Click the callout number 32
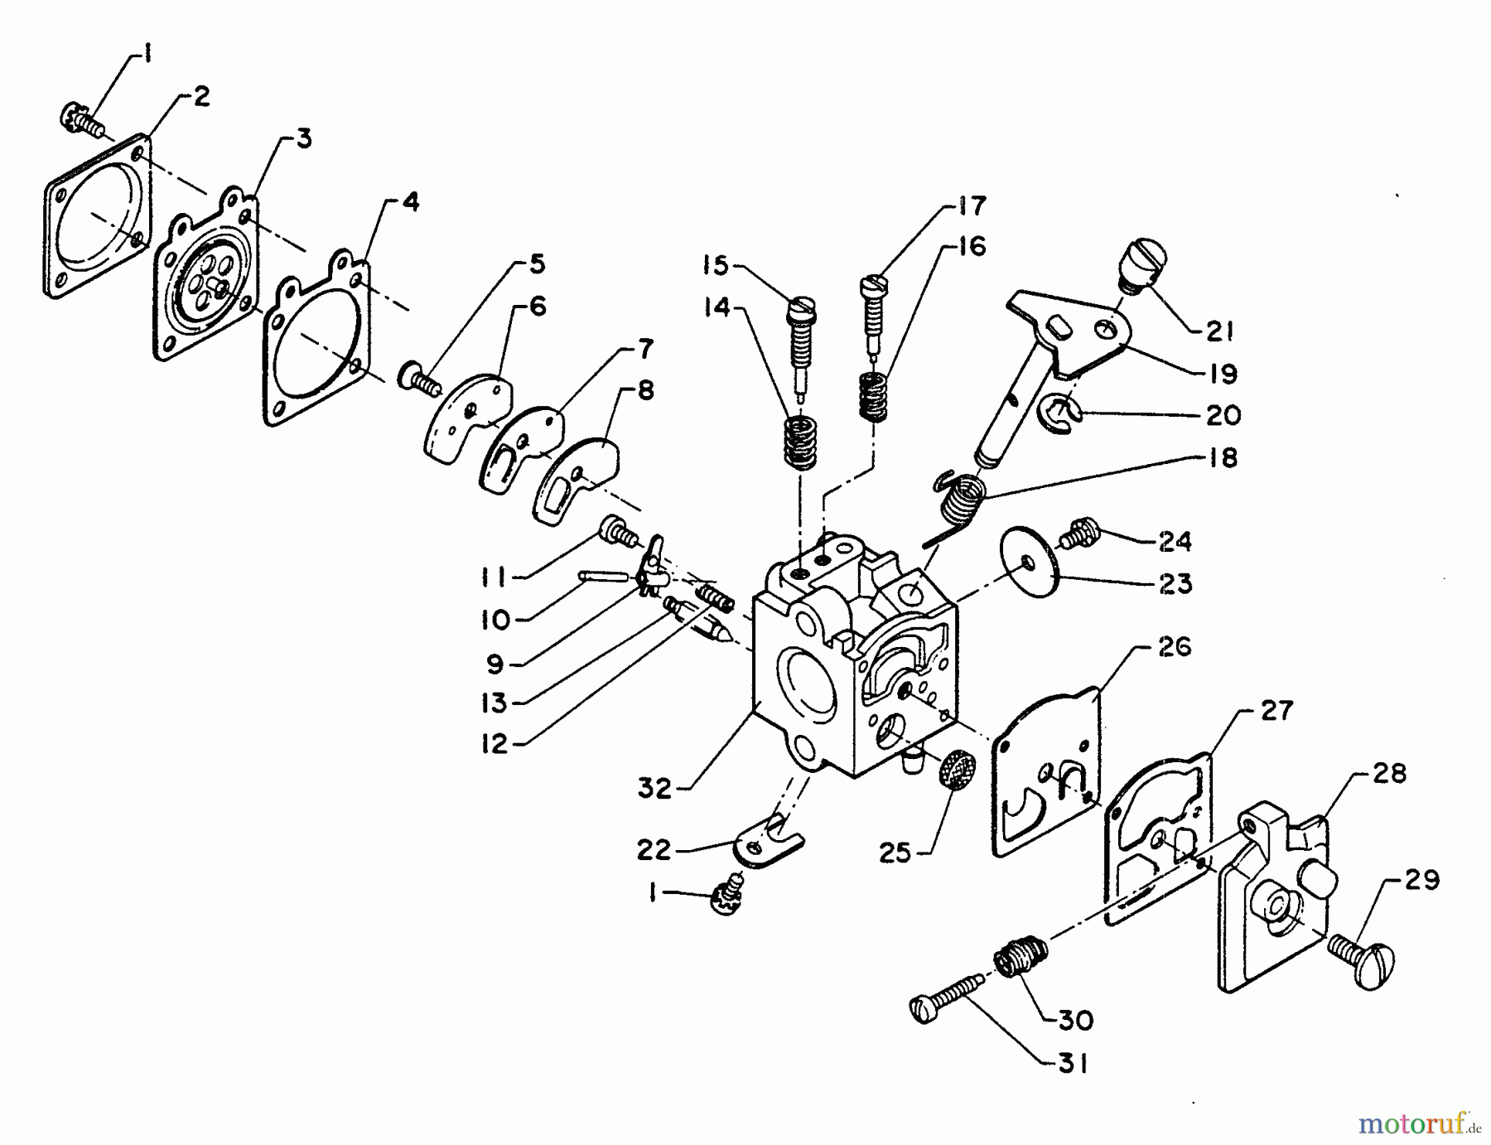pos(654,788)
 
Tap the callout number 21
pos(1219,332)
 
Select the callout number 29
pos(1421,880)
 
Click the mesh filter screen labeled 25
pos(953,770)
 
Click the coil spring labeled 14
pos(800,442)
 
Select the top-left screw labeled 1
pos(80,121)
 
